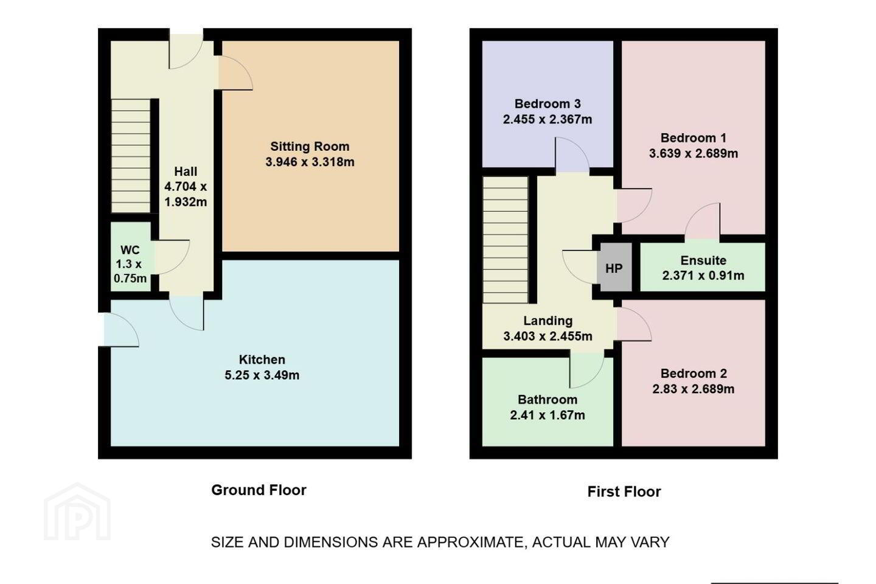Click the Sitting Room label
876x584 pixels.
[x=310, y=147]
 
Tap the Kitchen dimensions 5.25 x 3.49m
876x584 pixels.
[x=262, y=375]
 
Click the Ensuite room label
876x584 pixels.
[x=703, y=260]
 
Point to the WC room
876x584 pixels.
[x=131, y=257]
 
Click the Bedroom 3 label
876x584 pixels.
[x=547, y=104]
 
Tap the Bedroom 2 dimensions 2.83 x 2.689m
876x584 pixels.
[x=693, y=389]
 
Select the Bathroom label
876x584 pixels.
[x=547, y=400]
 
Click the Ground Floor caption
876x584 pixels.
[x=259, y=490]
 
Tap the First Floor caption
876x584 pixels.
[x=624, y=492]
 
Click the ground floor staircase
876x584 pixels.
[x=131, y=156]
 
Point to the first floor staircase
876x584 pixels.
[x=506, y=240]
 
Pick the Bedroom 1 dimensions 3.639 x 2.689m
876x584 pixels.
[x=693, y=153]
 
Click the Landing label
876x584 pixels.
[x=548, y=321]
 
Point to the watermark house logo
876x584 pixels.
[x=77, y=512]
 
